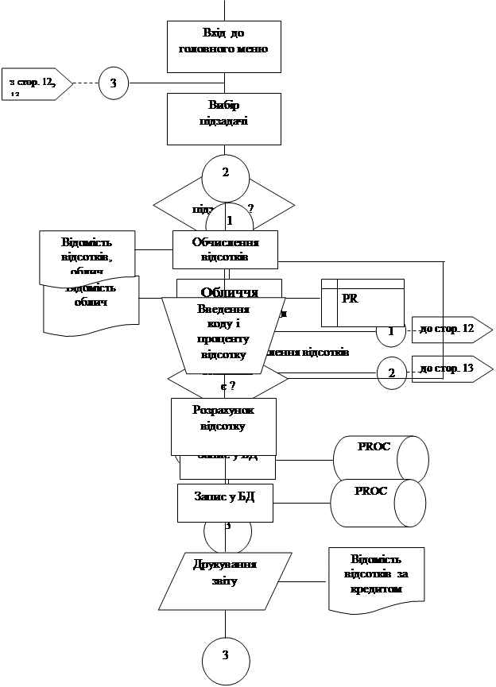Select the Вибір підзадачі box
point(224,118)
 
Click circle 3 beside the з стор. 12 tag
point(113,83)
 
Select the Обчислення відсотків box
point(226,250)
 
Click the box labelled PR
point(362,303)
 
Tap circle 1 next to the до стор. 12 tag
point(389,331)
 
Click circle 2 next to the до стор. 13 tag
point(390,372)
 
